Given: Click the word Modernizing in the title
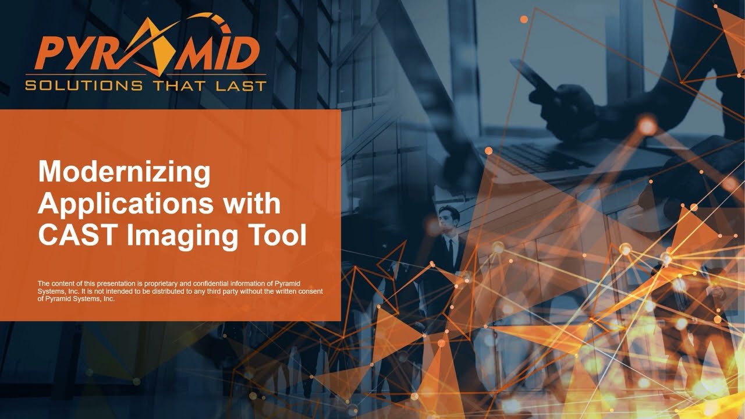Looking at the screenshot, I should click(x=124, y=173).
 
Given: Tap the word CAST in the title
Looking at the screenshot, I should click(x=74, y=236).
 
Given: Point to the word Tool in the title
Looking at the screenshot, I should click(x=277, y=236).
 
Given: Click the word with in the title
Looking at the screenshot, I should click(x=254, y=204).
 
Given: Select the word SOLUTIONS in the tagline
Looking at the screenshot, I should click(x=84, y=86).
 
